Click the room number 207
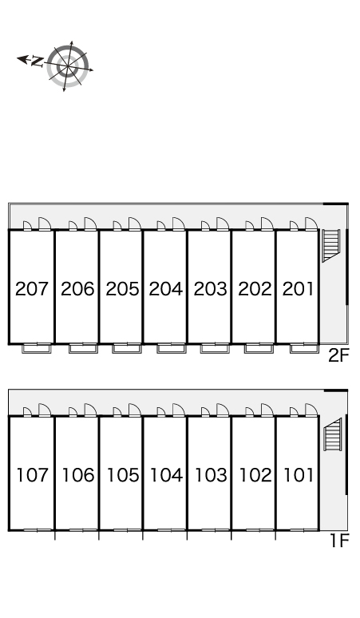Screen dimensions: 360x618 (31, 289)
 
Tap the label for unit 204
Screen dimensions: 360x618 (166, 289)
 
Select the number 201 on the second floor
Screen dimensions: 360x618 (299, 289)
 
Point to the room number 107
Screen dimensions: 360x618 (32, 475)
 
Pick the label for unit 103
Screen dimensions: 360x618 (211, 475)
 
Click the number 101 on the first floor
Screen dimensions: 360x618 (299, 475)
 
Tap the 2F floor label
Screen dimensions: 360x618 (338, 355)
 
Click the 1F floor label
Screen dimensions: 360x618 (339, 541)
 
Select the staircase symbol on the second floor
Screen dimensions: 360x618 (330, 245)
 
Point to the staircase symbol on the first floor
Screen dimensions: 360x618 (332, 434)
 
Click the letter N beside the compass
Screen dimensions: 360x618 (37, 61)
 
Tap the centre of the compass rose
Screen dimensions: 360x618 (67, 65)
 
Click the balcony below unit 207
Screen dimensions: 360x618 (37, 348)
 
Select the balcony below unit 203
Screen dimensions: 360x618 (215, 348)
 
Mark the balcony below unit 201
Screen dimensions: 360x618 (304, 348)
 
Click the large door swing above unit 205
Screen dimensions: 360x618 (135, 224)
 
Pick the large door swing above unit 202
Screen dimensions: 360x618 (267, 224)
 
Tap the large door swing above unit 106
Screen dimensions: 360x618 (90, 410)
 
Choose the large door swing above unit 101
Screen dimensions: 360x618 (311, 410)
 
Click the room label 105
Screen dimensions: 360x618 (123, 475)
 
